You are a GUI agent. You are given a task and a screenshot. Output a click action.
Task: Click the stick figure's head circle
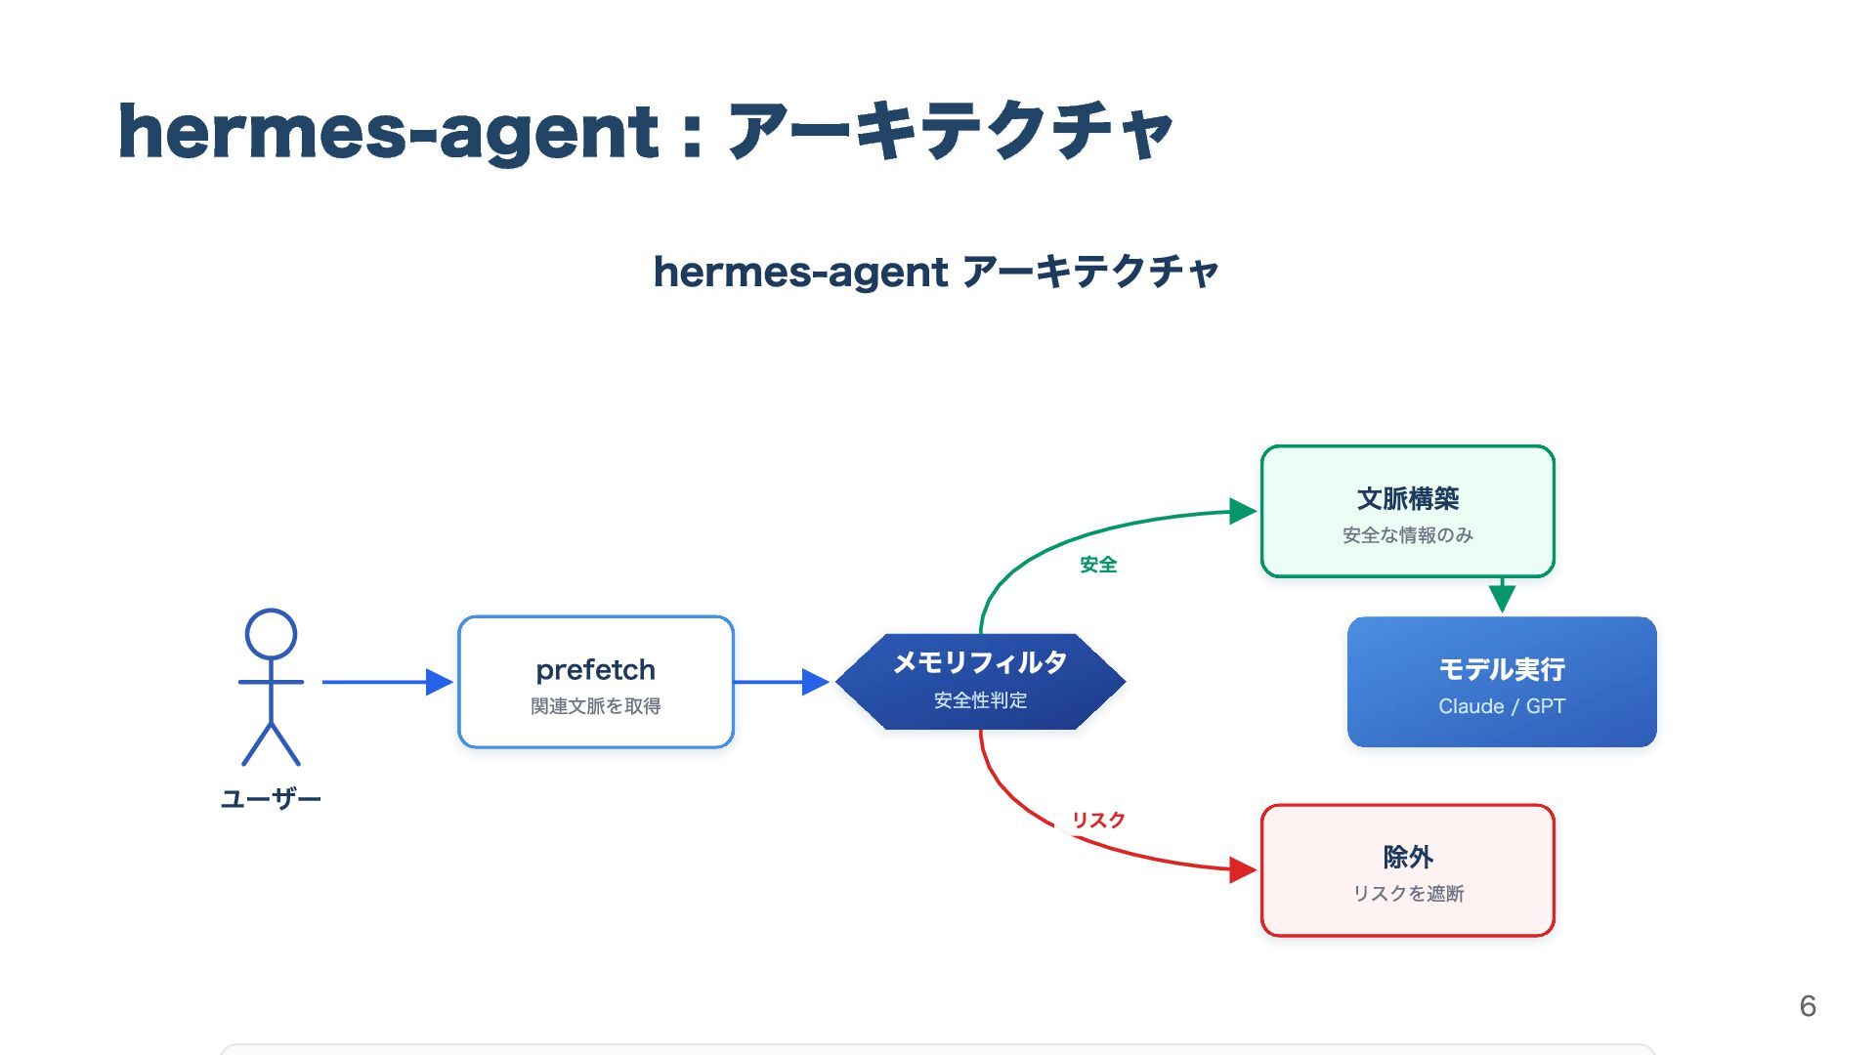271,634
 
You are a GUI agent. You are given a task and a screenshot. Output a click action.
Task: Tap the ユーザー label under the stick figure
271,799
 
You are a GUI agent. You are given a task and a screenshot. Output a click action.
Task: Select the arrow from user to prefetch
386,682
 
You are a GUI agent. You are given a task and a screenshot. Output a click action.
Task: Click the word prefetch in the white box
595,670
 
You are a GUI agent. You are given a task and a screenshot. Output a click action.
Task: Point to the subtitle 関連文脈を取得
595,706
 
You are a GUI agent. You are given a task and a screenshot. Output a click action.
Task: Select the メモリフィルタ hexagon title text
980,662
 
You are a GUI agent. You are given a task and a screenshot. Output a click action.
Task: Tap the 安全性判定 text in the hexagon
980,700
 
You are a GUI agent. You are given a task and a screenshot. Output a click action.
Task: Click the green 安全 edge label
1098,565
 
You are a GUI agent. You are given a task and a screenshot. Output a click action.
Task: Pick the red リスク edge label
1098,821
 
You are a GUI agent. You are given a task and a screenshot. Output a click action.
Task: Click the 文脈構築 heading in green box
1407,499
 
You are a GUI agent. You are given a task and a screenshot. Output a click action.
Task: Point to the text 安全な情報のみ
1407,535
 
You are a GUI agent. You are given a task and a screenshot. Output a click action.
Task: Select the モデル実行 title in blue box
1502,669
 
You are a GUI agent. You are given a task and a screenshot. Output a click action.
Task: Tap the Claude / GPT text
1502,706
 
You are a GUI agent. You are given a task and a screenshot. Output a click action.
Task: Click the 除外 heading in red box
1407,858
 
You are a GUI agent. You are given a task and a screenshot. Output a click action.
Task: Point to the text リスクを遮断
1407,894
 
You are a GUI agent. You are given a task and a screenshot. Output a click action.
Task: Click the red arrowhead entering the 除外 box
1242,869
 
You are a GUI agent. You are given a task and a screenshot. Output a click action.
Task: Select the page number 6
1808,1006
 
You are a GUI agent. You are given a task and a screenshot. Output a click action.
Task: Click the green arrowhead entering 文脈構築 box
1242,511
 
